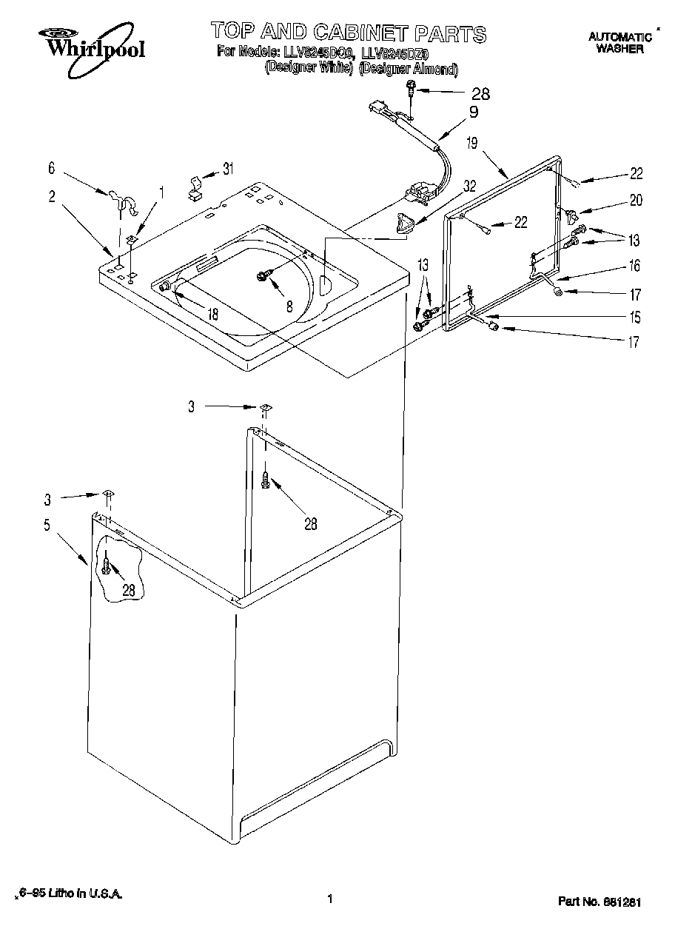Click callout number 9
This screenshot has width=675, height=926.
tap(473, 112)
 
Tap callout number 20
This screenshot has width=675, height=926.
tap(636, 200)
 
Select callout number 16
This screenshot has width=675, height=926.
tap(634, 266)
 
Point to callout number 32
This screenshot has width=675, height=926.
tap(469, 188)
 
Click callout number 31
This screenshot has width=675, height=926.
tap(228, 169)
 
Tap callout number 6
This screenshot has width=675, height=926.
tap(51, 169)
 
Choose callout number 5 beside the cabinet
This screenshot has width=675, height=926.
tap(47, 526)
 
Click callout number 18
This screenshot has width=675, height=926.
tap(212, 314)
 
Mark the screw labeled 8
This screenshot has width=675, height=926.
tap(263, 275)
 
